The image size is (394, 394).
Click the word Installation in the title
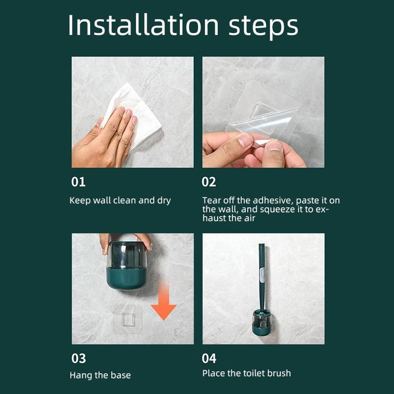(143, 26)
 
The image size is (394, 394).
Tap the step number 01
(78, 182)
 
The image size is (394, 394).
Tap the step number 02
(209, 182)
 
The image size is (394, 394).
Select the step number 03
(78, 358)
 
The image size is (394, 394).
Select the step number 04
(209, 358)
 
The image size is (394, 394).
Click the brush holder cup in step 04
(263, 325)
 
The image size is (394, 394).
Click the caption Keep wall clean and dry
(120, 200)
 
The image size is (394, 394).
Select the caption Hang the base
(100, 375)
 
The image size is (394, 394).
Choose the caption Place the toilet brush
(246, 373)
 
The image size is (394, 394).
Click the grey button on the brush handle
(263, 274)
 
